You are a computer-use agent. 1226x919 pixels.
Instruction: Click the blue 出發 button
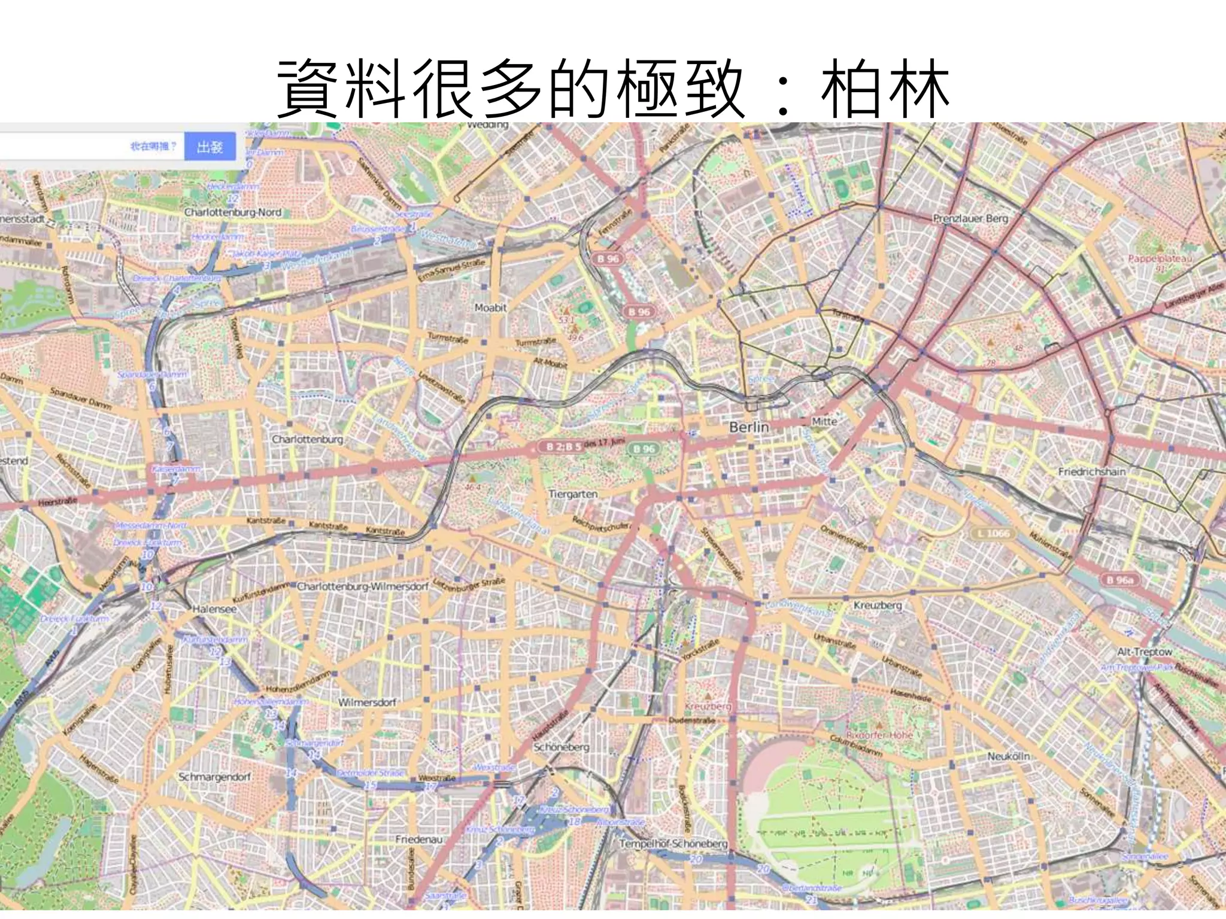pyautogui.click(x=210, y=147)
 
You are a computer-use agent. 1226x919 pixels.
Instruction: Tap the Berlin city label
pyautogui.click(x=749, y=427)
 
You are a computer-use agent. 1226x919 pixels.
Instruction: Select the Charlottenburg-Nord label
pyautogui.click(x=232, y=212)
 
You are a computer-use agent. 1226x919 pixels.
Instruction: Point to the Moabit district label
pyautogui.click(x=490, y=308)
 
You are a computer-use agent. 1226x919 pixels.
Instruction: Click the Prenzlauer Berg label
pyautogui.click(x=970, y=218)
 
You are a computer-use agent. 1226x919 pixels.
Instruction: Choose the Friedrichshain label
pyautogui.click(x=1092, y=471)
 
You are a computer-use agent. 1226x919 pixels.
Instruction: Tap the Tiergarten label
pyautogui.click(x=573, y=494)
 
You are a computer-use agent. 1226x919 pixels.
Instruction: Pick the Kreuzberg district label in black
pyautogui.click(x=877, y=605)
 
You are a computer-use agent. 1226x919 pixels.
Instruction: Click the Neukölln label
pyautogui.click(x=1009, y=756)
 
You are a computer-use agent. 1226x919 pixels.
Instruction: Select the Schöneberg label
pyautogui.click(x=561, y=747)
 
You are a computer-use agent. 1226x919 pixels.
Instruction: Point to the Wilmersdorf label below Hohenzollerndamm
pyautogui.click(x=367, y=702)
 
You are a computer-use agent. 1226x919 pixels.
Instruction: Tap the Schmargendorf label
pyautogui.click(x=215, y=777)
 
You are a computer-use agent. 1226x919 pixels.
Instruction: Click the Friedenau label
pyautogui.click(x=418, y=839)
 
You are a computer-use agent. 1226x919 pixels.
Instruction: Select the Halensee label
pyautogui.click(x=214, y=609)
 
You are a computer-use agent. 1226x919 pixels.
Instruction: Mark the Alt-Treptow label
pyautogui.click(x=1145, y=652)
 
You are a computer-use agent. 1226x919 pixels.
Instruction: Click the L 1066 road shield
pyautogui.click(x=993, y=533)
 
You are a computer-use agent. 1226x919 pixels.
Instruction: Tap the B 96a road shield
pyautogui.click(x=1119, y=580)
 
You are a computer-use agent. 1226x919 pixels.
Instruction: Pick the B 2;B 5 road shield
pyautogui.click(x=563, y=446)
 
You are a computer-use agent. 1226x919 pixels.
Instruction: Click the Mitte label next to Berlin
pyautogui.click(x=824, y=421)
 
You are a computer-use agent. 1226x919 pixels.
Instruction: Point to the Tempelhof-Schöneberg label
pyautogui.click(x=673, y=844)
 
